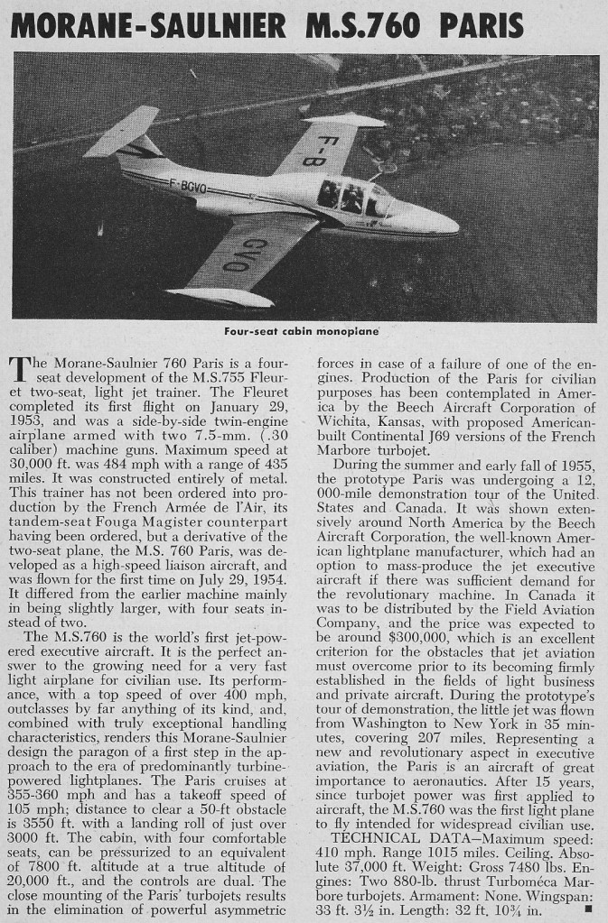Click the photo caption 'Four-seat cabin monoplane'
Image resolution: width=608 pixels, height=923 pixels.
click(x=301, y=330)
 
